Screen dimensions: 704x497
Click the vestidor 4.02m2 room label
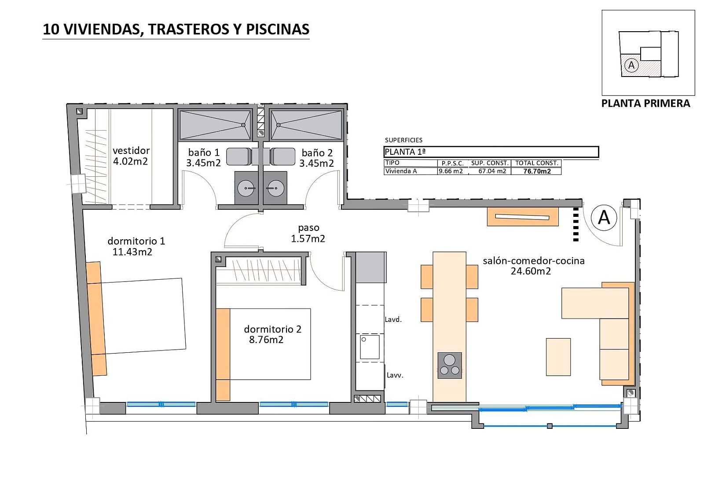[x=131, y=156]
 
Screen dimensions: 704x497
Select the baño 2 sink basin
[x=275, y=188]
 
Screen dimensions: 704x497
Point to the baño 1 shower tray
[x=215, y=124]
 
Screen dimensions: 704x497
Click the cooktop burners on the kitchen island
[x=450, y=365]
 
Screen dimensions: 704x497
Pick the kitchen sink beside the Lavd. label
[x=370, y=347]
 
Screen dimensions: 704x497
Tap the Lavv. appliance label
[x=395, y=375]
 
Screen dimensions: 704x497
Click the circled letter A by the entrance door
[x=604, y=217]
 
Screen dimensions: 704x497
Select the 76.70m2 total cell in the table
[x=537, y=172]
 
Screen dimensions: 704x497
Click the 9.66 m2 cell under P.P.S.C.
[x=451, y=171]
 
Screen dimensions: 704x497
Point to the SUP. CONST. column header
[x=490, y=163]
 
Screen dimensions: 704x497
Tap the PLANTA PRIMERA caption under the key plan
[x=645, y=103]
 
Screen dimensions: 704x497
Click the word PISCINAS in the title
[x=278, y=29]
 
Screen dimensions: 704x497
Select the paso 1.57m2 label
[x=308, y=233]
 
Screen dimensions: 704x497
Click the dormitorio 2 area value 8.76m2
[x=266, y=340]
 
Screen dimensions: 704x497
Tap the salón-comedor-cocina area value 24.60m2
[x=531, y=271]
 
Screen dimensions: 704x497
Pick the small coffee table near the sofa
[x=558, y=357]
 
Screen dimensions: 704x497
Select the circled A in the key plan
[x=631, y=66]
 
